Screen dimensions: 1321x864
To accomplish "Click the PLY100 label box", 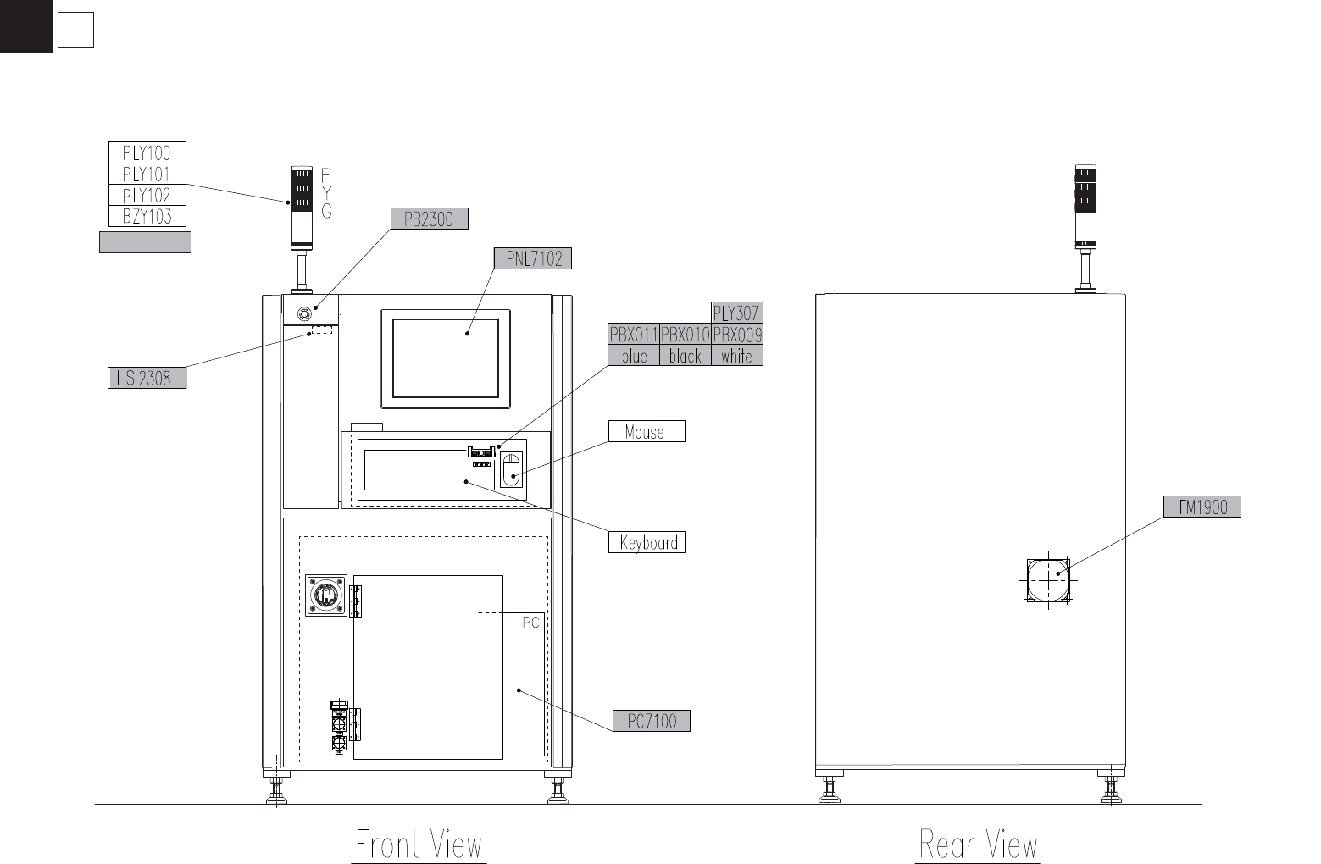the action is coord(147,152).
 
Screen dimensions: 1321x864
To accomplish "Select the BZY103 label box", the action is coord(147,216).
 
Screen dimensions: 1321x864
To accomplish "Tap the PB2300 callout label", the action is coord(430,219).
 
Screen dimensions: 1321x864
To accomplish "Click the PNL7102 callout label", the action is coord(532,258).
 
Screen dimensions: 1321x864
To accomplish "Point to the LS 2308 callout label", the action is coord(147,378).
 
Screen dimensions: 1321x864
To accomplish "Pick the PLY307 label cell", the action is coord(737,313).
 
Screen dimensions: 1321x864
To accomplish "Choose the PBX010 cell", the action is coord(685,335).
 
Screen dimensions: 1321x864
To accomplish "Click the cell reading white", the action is coord(737,356).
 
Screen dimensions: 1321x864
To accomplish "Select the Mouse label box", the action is coord(647,431).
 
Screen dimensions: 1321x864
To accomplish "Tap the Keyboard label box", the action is coord(647,542).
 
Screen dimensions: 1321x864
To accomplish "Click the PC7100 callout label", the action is coord(651,721).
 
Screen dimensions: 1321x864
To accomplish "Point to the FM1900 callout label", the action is coord(1202,507).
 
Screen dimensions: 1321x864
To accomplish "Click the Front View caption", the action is coord(419,845).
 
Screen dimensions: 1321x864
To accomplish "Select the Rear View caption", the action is coord(979,845).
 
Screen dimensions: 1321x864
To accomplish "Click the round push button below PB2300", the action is coord(304,313).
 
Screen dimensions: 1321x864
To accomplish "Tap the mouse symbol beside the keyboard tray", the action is coord(511,470).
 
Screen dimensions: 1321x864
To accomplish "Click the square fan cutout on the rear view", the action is coord(1048,580).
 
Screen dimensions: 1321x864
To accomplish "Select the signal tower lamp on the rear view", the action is coord(1085,207).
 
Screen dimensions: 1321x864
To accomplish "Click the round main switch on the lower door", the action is coord(326,595).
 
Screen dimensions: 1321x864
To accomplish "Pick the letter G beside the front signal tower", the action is coord(327,211).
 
